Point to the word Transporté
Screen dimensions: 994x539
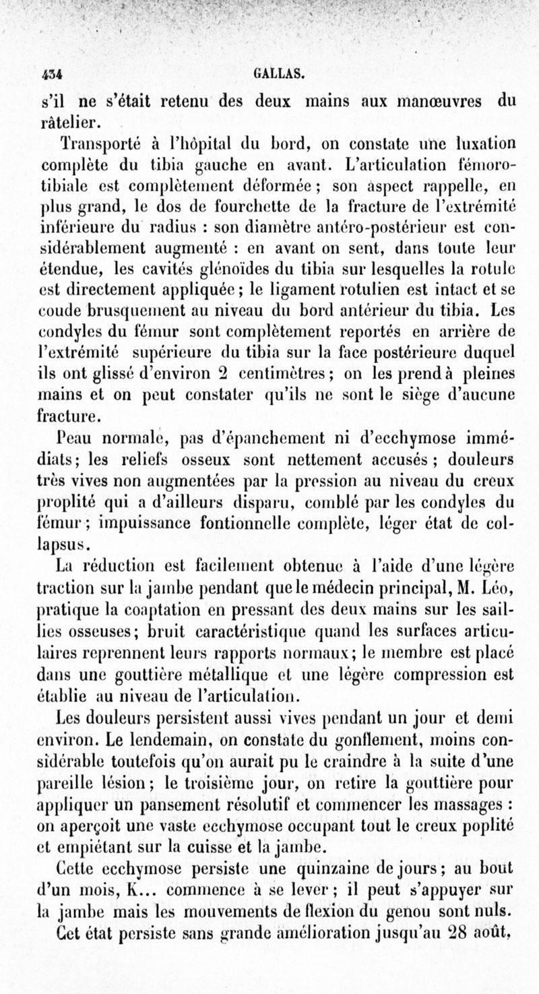tap(97, 145)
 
